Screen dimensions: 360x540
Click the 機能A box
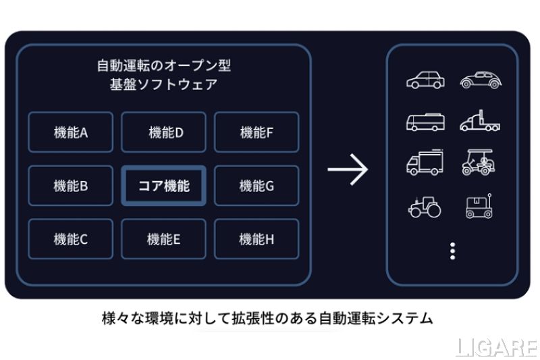click(71, 132)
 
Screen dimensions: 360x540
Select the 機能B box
click(71, 186)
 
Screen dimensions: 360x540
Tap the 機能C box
click(71, 238)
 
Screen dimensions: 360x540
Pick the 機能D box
click(164, 132)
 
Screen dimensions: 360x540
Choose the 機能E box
click(164, 238)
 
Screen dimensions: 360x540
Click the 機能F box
click(256, 132)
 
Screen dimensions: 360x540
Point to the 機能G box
click(256, 186)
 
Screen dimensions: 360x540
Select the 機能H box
click(256, 238)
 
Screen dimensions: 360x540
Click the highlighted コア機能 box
click(164, 186)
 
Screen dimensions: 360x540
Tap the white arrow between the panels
click(348, 170)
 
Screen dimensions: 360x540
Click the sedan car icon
click(425, 80)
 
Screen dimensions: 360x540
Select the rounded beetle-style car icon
click(480, 80)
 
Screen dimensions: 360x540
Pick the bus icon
click(425, 122)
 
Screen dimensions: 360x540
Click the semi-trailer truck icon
click(480, 122)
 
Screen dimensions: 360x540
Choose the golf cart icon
click(479, 163)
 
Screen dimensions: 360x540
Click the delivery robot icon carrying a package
click(479, 206)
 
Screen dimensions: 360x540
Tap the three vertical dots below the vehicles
click(452, 251)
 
